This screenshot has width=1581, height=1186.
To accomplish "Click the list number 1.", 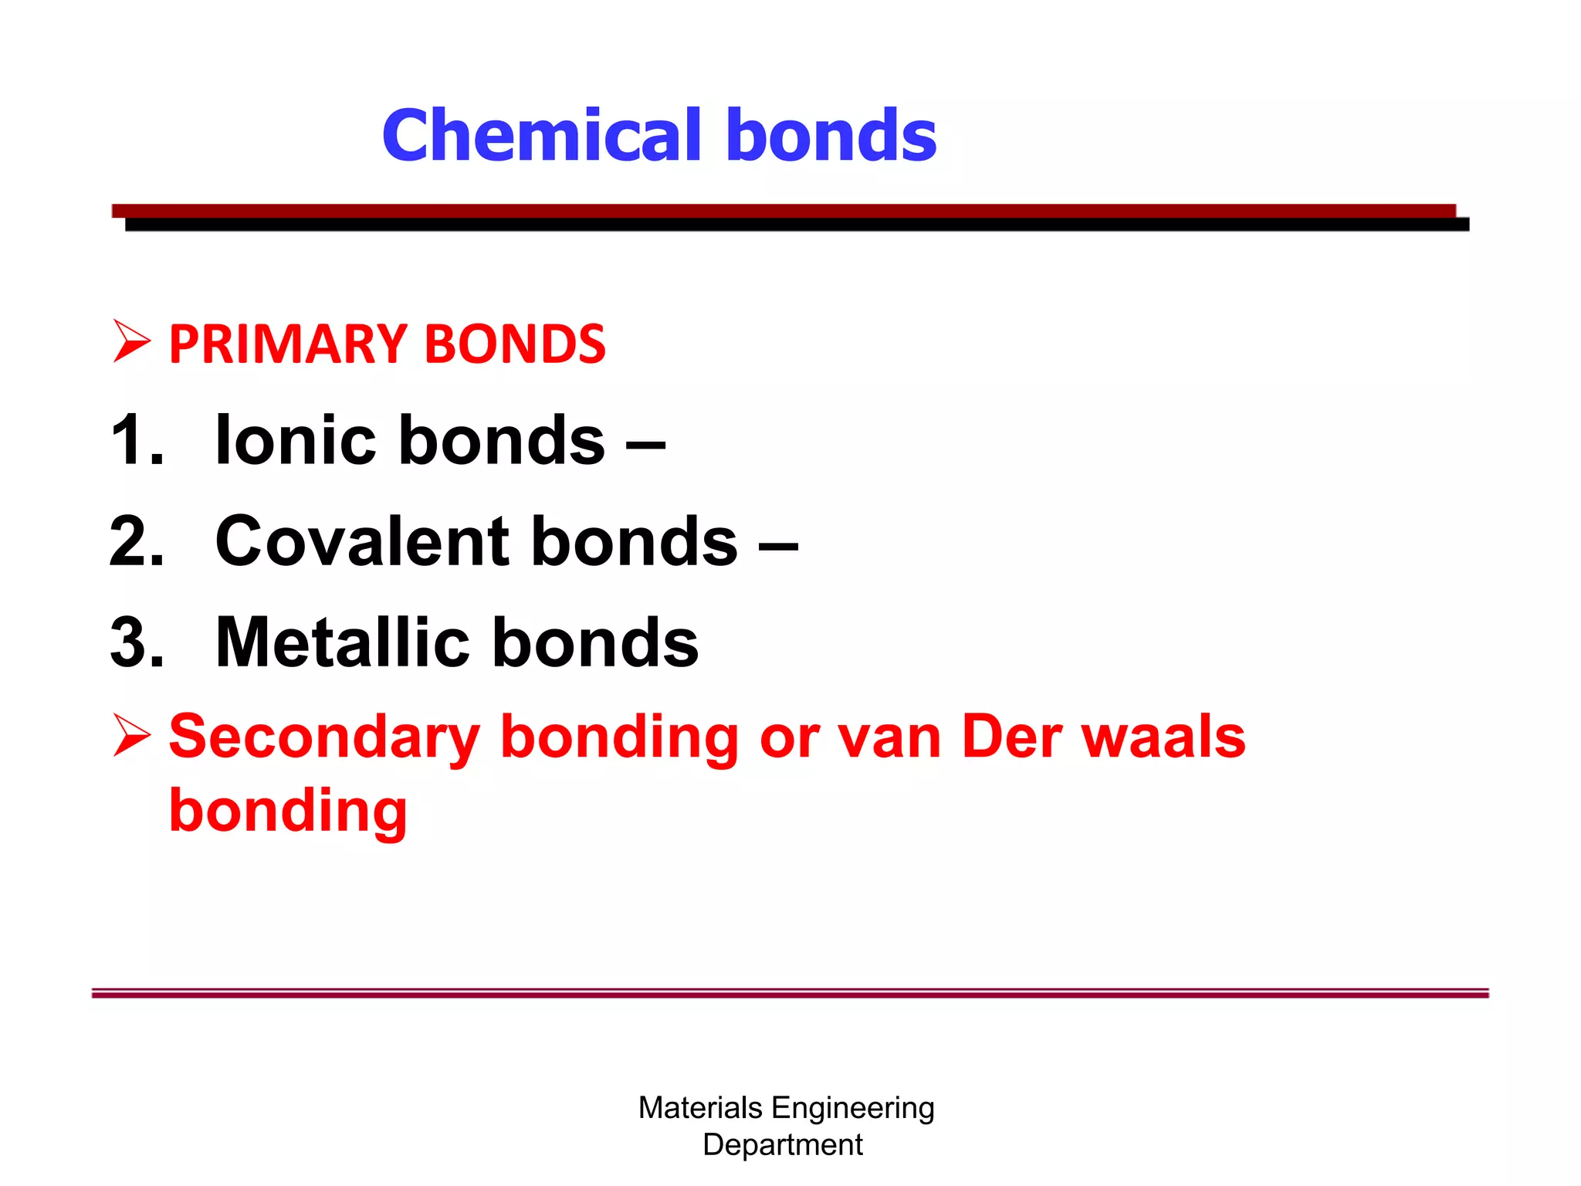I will pyautogui.click(x=137, y=440).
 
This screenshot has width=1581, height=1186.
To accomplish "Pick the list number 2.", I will pyautogui.click(x=137, y=541).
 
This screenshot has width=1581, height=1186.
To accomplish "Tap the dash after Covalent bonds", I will pyautogui.click(x=778, y=545).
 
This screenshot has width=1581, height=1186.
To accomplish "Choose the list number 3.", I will pyautogui.click(x=137, y=642).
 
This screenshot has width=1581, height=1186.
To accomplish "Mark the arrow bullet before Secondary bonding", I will pyautogui.click(x=131, y=734).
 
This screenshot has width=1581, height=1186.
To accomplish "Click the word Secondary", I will pyautogui.click(x=324, y=737).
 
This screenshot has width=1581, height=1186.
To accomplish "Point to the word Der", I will pyautogui.click(x=1012, y=737).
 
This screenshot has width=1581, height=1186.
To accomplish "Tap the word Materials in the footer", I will pyautogui.click(x=700, y=1108).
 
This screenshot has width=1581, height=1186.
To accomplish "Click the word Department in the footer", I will pyautogui.click(x=783, y=1144).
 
